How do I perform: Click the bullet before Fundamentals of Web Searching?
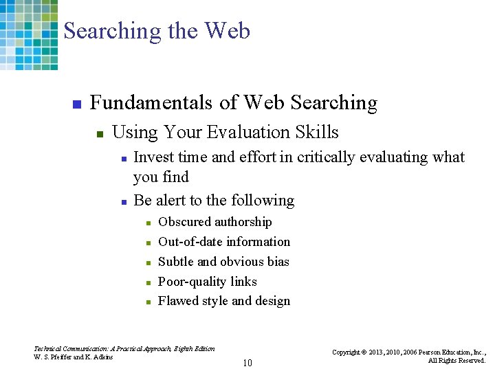(76, 104)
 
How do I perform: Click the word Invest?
(152, 157)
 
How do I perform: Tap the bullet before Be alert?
(123, 202)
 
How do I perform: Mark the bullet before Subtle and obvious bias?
(147, 262)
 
